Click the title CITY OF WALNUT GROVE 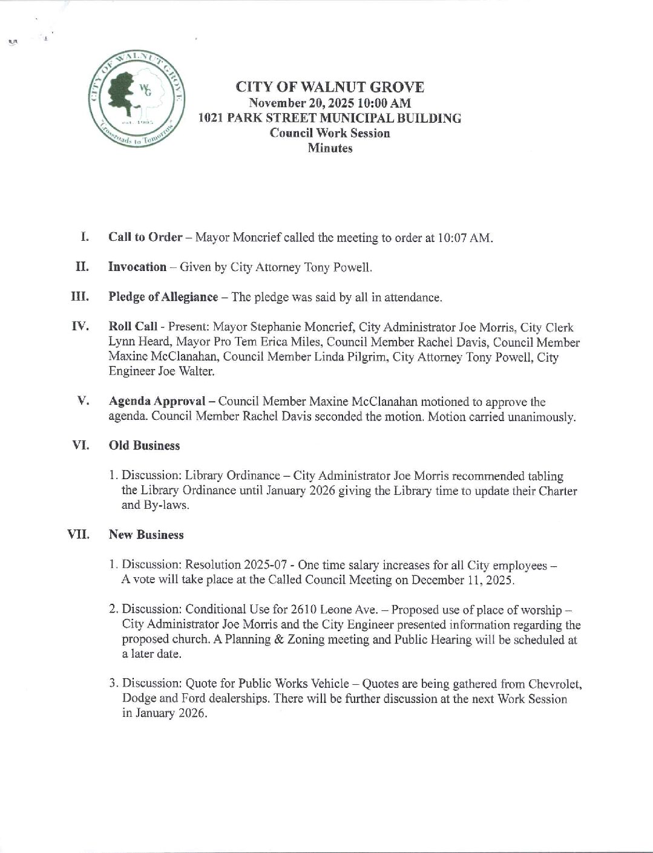[330, 87]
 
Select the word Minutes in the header [330, 148]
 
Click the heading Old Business [144, 446]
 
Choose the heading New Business [146, 535]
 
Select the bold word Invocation [137, 267]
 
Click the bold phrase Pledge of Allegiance [163, 297]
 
